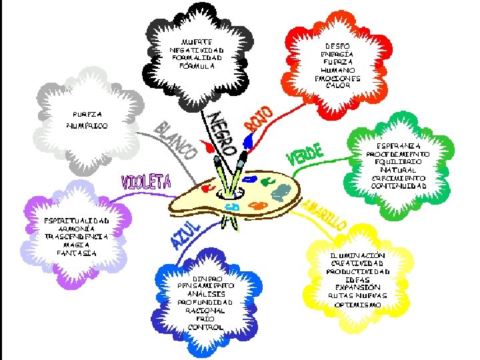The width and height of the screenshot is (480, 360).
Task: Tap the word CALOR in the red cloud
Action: tap(337, 86)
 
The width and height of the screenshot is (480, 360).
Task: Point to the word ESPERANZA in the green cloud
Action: tap(398, 145)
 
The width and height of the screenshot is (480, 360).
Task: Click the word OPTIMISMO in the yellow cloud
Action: tap(357, 305)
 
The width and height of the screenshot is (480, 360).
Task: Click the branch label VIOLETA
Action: tap(146, 181)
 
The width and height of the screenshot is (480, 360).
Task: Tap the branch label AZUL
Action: tap(187, 235)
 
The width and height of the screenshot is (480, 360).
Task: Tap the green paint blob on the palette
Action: tap(267, 180)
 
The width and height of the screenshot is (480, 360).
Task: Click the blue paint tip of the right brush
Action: tap(249, 141)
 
